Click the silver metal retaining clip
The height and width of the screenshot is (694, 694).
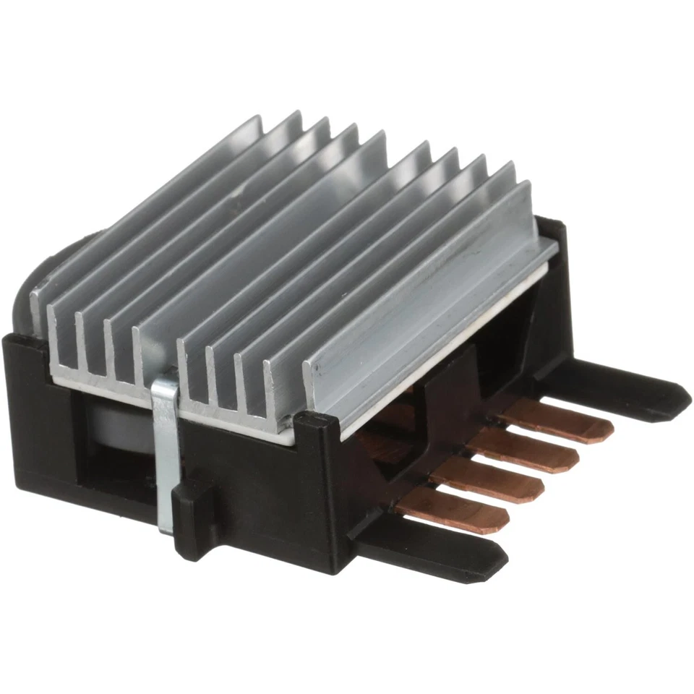pos(165,448)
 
